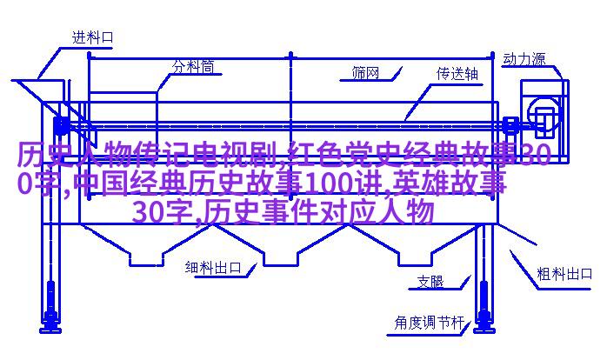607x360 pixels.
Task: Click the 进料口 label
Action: (x=93, y=37)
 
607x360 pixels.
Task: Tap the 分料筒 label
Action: (x=193, y=67)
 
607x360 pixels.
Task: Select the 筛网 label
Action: (x=365, y=73)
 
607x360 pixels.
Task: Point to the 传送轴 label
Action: (x=457, y=74)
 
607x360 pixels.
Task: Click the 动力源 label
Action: (x=524, y=59)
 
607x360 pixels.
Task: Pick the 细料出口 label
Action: (x=213, y=268)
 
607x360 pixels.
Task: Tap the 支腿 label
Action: (x=430, y=282)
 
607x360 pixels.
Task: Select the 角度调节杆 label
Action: (x=429, y=323)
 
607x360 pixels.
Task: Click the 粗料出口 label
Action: (x=564, y=274)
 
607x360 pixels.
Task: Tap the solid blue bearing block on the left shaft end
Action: (x=61, y=125)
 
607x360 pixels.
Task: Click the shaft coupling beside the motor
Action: (x=511, y=124)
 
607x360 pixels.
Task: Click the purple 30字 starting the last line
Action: (x=163, y=212)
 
